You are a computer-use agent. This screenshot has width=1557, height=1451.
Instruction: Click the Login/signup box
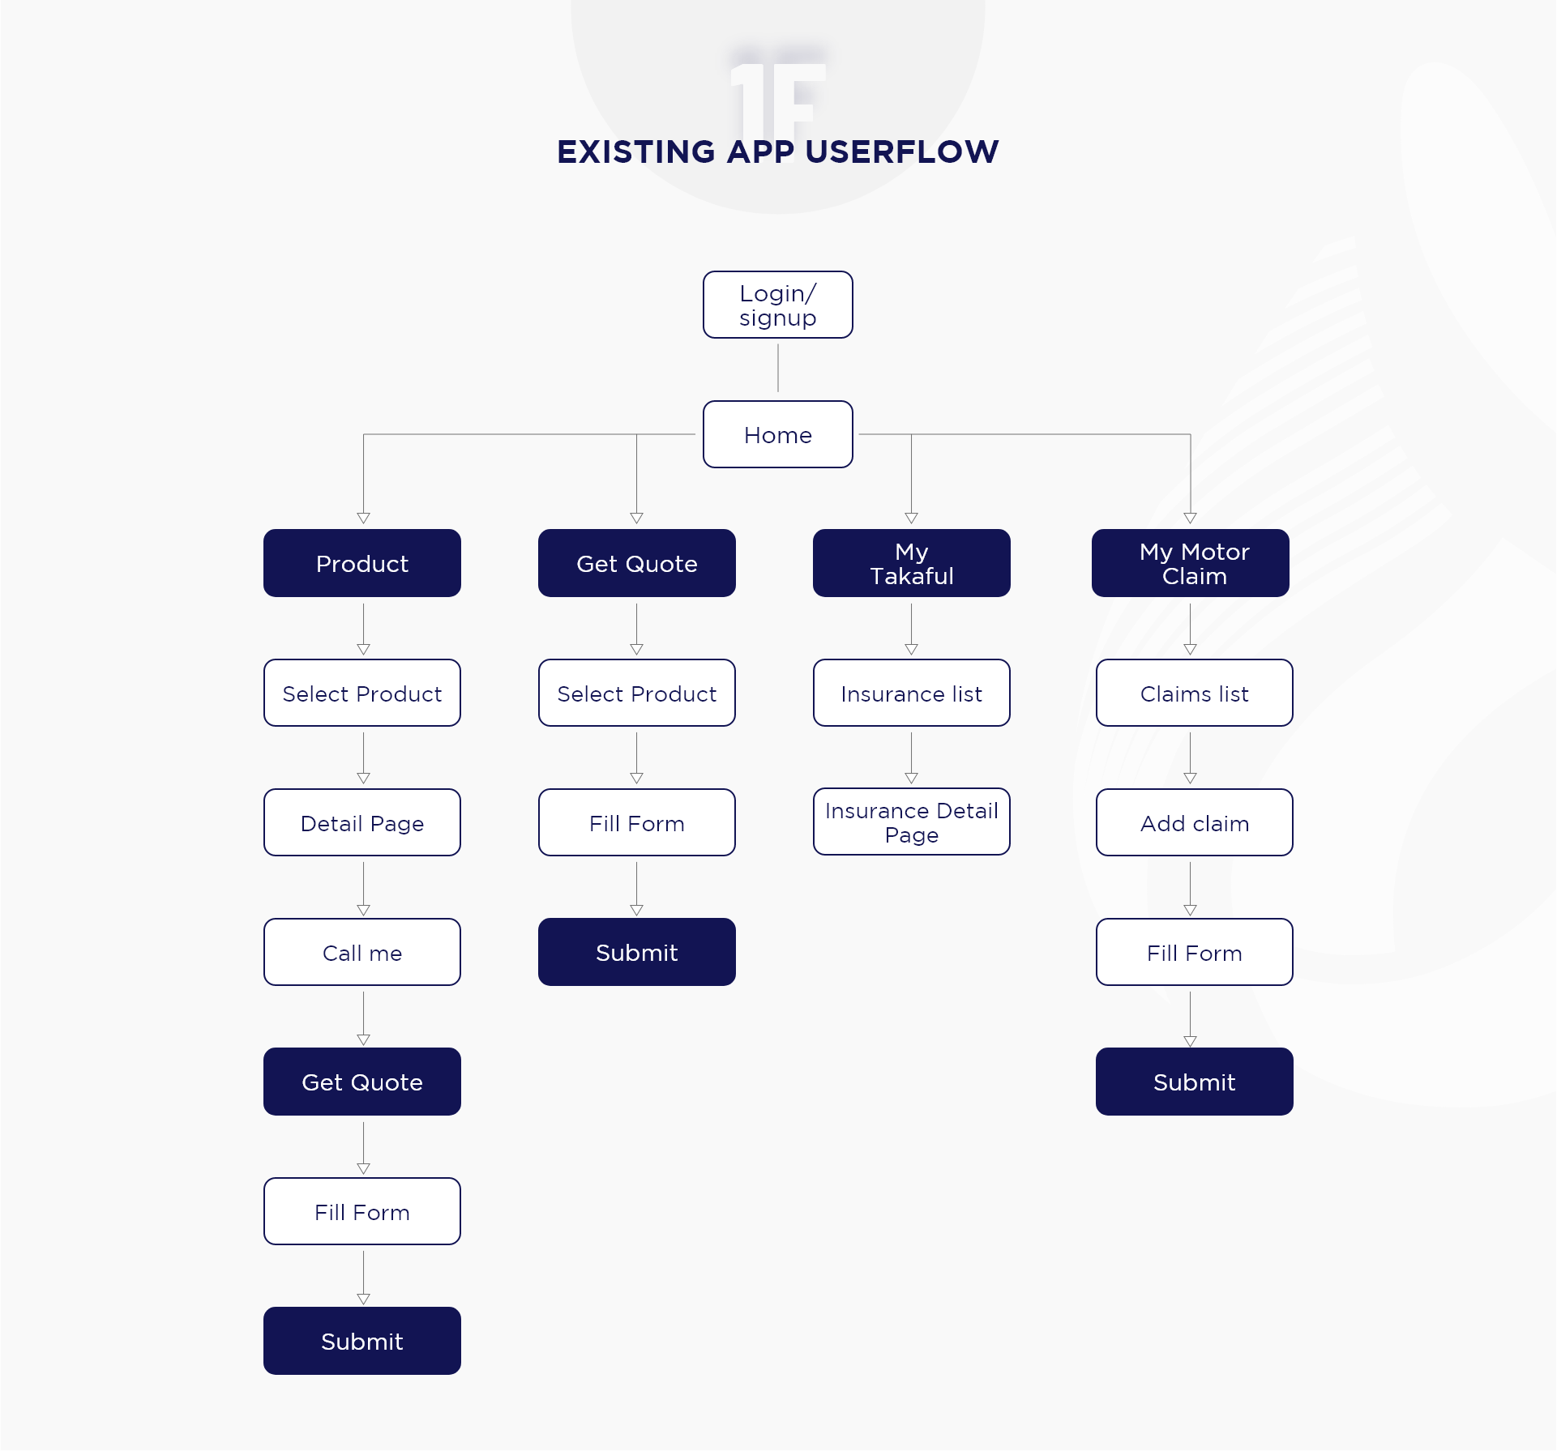[x=777, y=305]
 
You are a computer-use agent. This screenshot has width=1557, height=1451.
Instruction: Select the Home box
[x=777, y=434]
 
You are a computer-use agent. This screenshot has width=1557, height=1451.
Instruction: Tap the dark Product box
[x=362, y=563]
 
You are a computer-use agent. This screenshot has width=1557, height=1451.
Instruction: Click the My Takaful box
[x=912, y=563]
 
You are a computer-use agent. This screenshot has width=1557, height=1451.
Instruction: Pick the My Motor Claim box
[x=1191, y=563]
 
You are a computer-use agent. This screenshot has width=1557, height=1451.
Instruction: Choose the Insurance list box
[x=912, y=693]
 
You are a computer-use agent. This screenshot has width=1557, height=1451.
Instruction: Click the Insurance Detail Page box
[x=912, y=822]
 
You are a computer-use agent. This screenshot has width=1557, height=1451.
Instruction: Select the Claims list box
[x=1195, y=693]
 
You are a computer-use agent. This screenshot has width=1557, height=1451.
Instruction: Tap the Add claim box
[x=1195, y=822]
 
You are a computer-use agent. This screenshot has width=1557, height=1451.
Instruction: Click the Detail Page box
[x=362, y=822]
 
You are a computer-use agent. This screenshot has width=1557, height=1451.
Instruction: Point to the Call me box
[x=362, y=952]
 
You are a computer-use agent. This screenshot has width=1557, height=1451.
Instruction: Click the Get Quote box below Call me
[x=362, y=1082]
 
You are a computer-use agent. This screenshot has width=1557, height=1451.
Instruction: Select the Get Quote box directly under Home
[x=637, y=563]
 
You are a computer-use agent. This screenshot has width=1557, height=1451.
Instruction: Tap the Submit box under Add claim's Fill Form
[x=1195, y=1082]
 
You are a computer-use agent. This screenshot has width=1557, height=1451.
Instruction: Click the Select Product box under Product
[x=362, y=693]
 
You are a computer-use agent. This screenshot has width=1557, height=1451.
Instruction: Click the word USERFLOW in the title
[x=902, y=152]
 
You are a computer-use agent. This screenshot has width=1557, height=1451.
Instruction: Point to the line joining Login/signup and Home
[x=778, y=368]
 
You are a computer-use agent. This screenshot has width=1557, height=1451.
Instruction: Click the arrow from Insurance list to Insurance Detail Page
[x=912, y=758]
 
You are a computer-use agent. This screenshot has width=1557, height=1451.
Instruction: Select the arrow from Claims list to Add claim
[x=1191, y=758]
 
